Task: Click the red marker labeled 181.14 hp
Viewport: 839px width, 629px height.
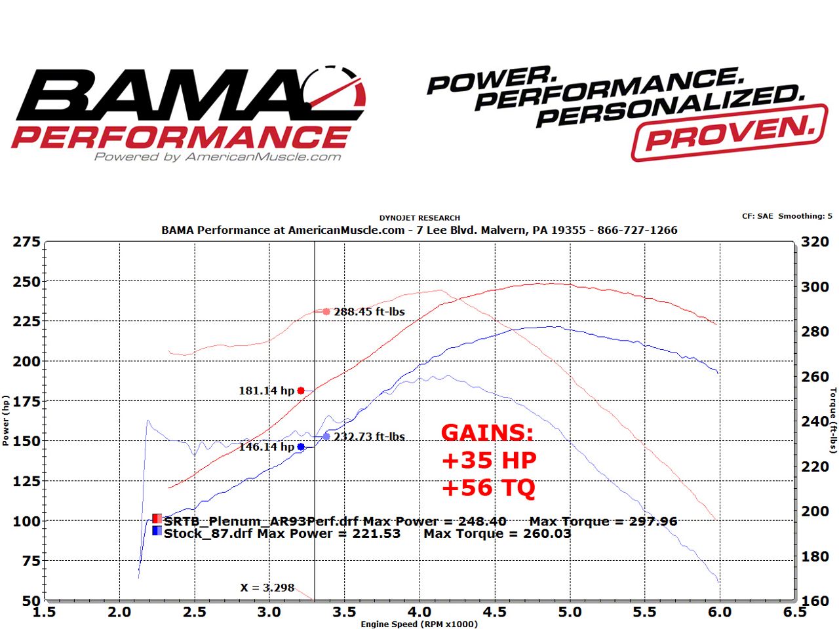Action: tap(301, 391)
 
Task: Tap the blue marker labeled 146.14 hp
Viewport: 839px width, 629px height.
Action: tap(301, 447)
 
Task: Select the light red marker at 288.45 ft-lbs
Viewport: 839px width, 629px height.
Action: tap(326, 312)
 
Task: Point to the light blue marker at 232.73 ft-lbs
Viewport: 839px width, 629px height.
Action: tap(326, 436)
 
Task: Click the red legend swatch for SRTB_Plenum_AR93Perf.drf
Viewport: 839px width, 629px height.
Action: tap(157, 519)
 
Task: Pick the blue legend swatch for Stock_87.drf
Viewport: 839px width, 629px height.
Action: tap(157, 531)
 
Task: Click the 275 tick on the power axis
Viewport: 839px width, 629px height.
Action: tap(27, 242)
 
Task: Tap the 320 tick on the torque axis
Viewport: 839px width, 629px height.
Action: tap(815, 242)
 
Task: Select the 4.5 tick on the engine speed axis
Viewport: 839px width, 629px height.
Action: tap(494, 612)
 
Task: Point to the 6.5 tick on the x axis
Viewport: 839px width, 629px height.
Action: tap(794, 612)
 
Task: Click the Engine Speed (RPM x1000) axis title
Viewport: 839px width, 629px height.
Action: tap(419, 624)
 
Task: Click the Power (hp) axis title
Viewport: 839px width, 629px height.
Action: tap(6, 421)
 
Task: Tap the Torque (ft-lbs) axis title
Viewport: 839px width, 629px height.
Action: tap(833, 421)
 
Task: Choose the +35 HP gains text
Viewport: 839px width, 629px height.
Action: tap(489, 460)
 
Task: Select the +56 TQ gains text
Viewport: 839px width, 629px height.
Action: tap(488, 487)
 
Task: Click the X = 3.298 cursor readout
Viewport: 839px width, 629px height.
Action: tap(267, 588)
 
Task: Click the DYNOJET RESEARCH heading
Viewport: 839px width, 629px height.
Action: tap(419, 218)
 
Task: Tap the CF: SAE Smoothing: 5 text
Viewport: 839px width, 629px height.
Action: tap(787, 216)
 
